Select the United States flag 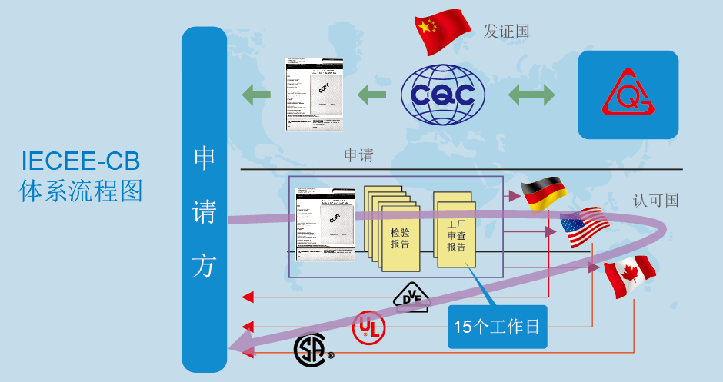click(585, 227)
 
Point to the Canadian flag click(629, 277)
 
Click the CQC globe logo click(444, 95)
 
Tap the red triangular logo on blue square click(628, 95)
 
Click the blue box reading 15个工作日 click(497, 327)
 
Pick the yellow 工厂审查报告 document click(456, 230)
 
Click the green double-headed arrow click(531, 95)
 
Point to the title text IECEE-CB click(81, 161)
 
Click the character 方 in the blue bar click(204, 267)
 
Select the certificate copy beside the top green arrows click(315, 93)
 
